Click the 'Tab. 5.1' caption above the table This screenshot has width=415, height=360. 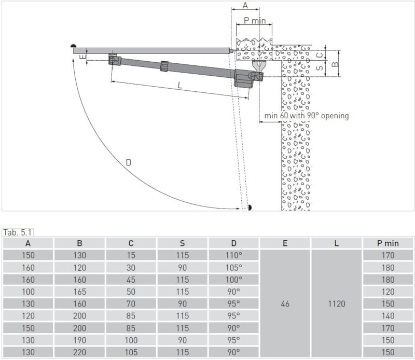18,232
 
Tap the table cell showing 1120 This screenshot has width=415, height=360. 336,304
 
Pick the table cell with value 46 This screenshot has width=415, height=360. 285,304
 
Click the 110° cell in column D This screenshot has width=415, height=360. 233,255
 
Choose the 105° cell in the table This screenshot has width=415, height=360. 233,268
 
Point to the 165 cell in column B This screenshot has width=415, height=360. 79,292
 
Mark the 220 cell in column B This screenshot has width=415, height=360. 79,352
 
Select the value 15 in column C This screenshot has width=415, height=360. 131,255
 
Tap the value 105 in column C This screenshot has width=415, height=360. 131,352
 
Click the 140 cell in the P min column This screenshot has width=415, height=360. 388,316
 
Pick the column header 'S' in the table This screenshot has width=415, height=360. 182,243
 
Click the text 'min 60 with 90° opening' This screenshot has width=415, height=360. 307,116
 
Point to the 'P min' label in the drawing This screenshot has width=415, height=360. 255,21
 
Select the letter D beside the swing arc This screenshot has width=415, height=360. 128,162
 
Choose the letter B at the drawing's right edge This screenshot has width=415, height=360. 335,64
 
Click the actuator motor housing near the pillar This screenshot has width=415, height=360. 243,79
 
